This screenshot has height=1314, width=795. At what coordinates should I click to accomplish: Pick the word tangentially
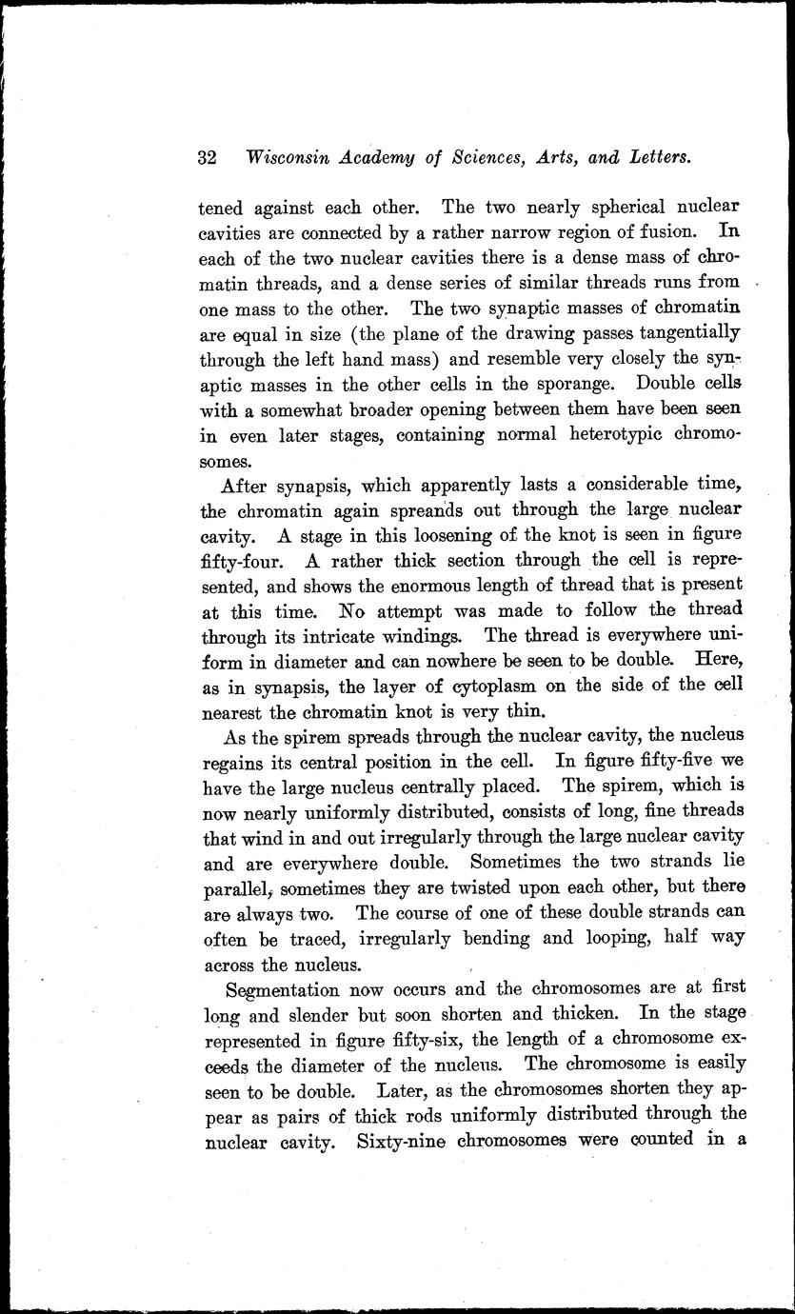pos(682,334)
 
